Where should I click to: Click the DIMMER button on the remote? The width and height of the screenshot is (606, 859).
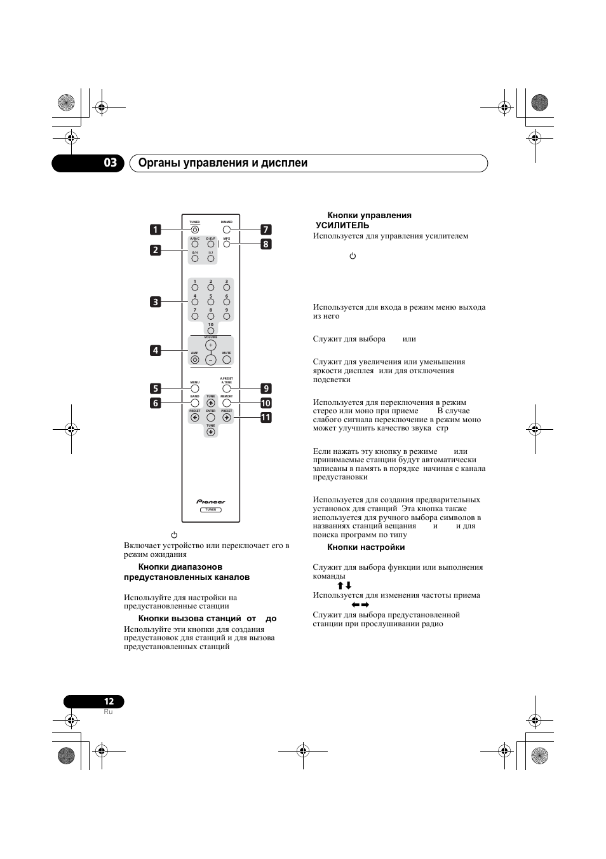[227, 230]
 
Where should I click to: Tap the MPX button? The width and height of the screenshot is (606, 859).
[227, 245]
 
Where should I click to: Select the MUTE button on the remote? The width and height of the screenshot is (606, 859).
[227, 360]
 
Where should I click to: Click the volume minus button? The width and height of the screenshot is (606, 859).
[211, 359]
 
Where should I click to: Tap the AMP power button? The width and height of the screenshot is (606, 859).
[195, 360]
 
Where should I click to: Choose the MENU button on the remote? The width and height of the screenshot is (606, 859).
[195, 388]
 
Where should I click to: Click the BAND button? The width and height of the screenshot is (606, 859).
[195, 402]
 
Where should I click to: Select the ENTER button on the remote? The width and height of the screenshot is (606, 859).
[211, 418]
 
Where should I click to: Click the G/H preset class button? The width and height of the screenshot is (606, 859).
[195, 259]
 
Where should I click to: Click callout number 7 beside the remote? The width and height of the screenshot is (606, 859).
[266, 230]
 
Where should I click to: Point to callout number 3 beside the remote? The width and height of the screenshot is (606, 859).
[156, 302]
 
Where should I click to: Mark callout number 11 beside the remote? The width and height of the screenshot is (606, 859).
[266, 418]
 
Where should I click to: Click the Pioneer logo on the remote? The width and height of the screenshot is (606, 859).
[211, 502]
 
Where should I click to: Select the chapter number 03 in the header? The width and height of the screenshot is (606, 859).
[111, 163]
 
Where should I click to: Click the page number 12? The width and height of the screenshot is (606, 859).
[109, 701]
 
